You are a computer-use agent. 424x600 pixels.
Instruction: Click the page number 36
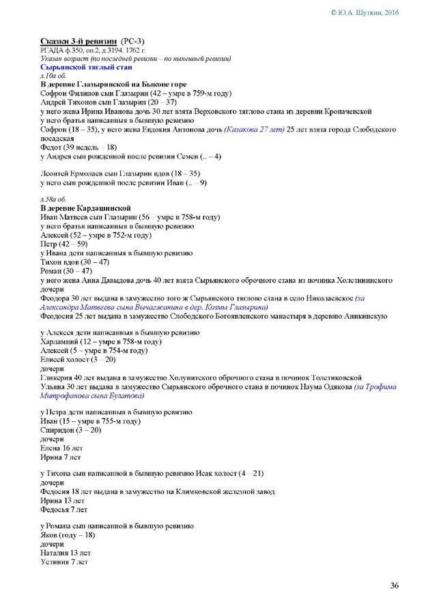(x=394, y=585)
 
